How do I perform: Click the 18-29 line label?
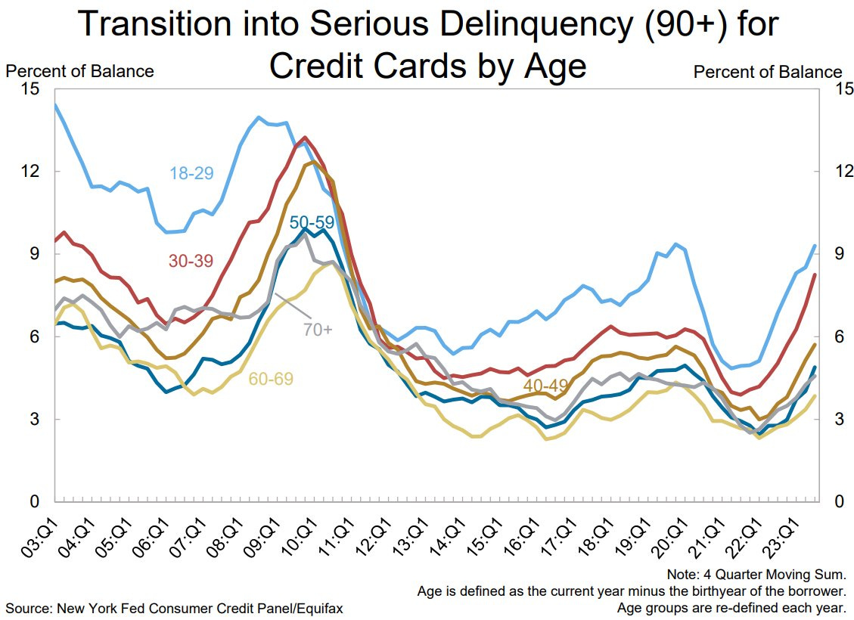click(191, 173)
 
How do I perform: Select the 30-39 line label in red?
click(191, 261)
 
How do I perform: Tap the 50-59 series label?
click(312, 222)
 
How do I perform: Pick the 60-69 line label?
click(270, 379)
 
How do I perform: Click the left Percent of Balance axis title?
click(79, 71)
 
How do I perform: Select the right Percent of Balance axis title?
click(767, 72)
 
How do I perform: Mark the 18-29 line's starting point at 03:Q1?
click(55, 105)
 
